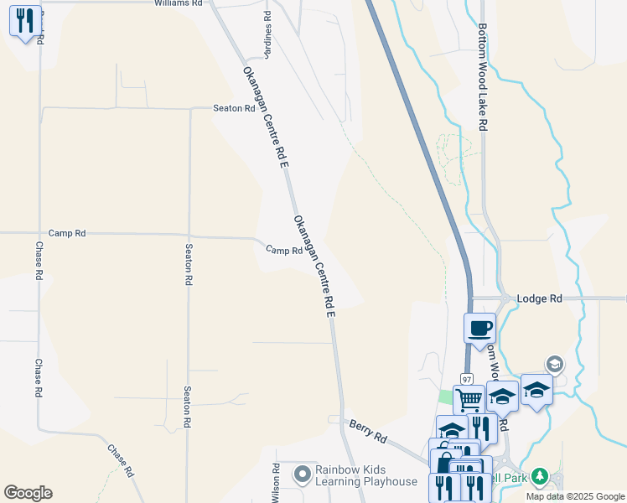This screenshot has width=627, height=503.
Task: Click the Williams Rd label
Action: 179,4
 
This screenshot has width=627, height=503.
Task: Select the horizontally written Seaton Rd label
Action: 234,108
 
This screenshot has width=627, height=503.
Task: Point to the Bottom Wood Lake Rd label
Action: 483,75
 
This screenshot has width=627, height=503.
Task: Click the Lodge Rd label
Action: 539,298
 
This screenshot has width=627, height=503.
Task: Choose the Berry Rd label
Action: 368,432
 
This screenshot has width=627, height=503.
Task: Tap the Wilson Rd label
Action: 275,483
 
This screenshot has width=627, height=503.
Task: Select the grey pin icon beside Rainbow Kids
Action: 302,475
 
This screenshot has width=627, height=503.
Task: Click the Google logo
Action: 28,493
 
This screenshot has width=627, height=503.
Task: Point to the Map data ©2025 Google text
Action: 575,496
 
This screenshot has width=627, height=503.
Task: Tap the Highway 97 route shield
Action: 467,379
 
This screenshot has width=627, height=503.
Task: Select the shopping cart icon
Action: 468,399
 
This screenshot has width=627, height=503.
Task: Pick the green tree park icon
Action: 540,476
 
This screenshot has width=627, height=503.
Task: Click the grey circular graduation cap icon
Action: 553,364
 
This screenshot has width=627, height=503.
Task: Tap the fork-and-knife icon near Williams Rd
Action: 24,20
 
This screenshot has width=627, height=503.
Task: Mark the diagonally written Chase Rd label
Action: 121,460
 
